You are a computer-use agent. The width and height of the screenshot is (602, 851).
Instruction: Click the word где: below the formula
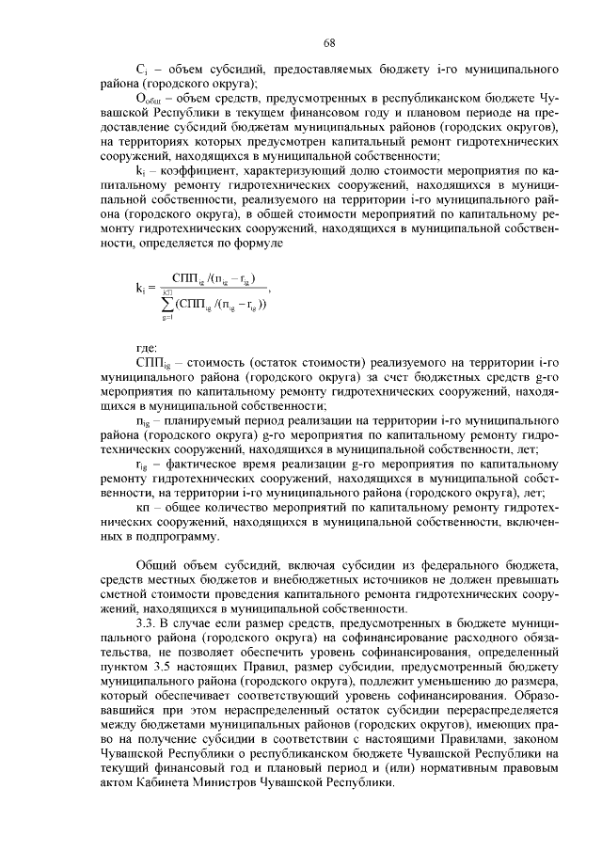(147, 348)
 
